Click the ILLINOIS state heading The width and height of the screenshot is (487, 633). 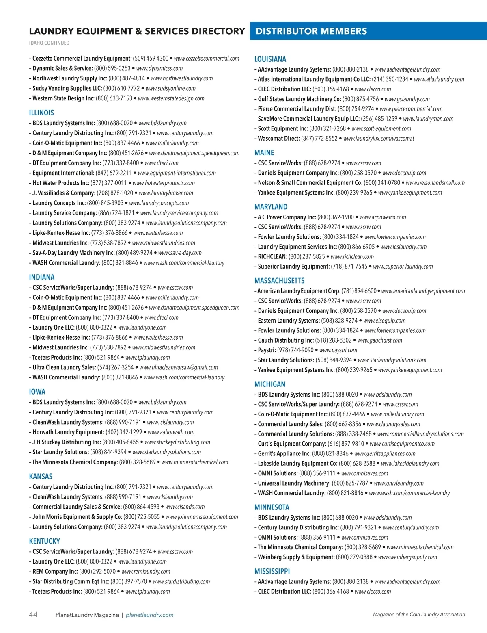[41, 113]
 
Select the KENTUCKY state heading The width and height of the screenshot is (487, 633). [44, 541]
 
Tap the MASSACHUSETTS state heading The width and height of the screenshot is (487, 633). [279, 281]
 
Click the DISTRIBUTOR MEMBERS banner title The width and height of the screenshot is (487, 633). [311, 31]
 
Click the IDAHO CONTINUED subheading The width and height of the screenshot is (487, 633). [49, 43]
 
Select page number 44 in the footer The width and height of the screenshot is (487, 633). [33, 614]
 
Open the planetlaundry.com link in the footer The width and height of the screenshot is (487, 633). [149, 615]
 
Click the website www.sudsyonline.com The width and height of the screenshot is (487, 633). [170, 88]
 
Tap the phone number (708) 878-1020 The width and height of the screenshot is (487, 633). [115, 193]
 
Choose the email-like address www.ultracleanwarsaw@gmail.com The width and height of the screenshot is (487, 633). [179, 367]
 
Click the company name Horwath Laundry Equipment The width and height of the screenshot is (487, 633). [68, 432]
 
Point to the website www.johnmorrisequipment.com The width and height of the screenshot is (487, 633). [202, 517]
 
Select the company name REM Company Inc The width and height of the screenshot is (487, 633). [55, 571]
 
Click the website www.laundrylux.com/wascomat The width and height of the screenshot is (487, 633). [379, 139]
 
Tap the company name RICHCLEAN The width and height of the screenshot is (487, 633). [272, 257]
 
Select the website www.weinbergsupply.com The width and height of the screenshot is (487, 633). [407, 557]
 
